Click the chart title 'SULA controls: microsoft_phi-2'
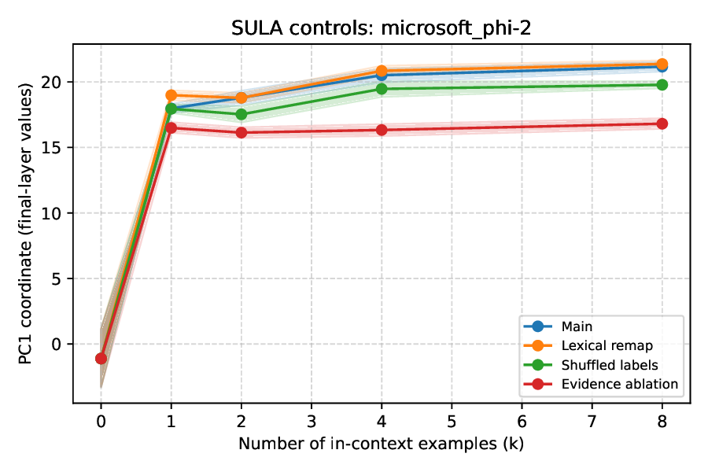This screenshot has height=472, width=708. (x=382, y=28)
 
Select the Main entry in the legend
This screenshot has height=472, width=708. (x=577, y=326)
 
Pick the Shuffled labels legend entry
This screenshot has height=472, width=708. (x=610, y=365)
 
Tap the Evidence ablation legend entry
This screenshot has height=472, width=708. (x=620, y=384)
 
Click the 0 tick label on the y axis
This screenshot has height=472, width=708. (x=58, y=344)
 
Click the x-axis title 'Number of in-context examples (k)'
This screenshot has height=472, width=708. (x=382, y=444)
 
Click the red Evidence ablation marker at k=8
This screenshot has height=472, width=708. (x=662, y=124)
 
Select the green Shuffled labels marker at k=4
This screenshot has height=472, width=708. (x=382, y=89)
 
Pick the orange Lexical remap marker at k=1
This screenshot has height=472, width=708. (x=171, y=95)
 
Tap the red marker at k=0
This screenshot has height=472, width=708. (x=101, y=358)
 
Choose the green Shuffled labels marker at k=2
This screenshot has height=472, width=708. (x=241, y=114)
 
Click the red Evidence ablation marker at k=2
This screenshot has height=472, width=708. (x=241, y=132)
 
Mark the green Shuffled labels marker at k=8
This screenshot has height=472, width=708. (x=662, y=85)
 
